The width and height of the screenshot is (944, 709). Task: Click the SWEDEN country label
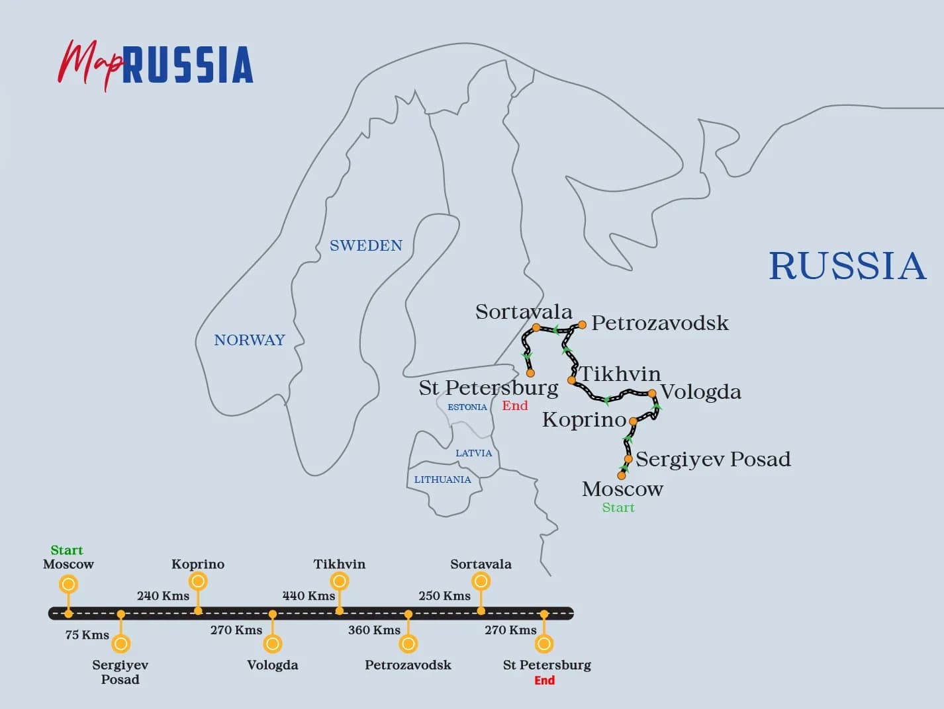(x=366, y=245)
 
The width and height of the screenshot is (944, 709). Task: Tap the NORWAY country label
(x=249, y=340)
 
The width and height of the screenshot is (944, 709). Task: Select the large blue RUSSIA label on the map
(x=847, y=266)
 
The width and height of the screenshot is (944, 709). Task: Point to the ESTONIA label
(x=467, y=407)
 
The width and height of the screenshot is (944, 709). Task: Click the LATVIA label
(x=474, y=453)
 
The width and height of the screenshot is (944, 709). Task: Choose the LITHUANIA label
(x=443, y=480)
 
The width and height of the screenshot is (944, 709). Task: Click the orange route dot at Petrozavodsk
(x=582, y=325)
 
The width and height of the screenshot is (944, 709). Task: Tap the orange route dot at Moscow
(x=621, y=476)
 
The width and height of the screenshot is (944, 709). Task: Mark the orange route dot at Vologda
(x=652, y=394)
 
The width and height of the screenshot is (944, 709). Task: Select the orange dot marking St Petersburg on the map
(x=530, y=373)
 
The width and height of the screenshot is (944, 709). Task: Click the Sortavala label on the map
(x=524, y=312)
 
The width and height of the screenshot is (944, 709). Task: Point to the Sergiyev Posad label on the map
(x=713, y=459)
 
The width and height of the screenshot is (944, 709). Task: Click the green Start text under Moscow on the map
(x=618, y=508)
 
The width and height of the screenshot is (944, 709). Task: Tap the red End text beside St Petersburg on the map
(x=515, y=406)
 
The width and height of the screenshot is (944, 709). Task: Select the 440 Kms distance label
(x=309, y=596)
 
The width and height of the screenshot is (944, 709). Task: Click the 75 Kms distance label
(x=87, y=635)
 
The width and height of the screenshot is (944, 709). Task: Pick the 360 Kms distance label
(x=375, y=630)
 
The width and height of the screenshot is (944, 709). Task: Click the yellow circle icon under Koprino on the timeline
(x=198, y=581)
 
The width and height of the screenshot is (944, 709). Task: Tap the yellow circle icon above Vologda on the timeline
(x=273, y=644)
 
